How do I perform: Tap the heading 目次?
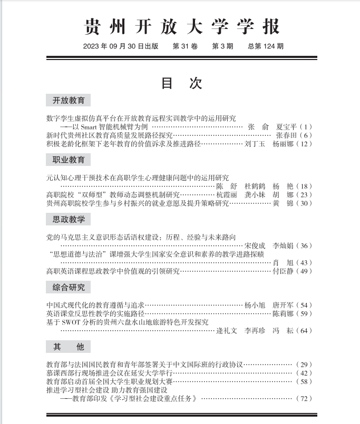click(x=181, y=83)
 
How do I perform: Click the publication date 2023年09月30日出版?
click(x=121, y=46)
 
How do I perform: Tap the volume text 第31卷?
click(x=185, y=46)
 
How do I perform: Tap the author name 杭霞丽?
click(x=227, y=195)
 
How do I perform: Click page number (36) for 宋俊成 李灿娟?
click(x=305, y=246)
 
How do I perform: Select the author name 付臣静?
click(x=282, y=271)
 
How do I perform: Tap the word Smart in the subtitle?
click(x=95, y=127)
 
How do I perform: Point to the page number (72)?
click(x=305, y=398)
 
